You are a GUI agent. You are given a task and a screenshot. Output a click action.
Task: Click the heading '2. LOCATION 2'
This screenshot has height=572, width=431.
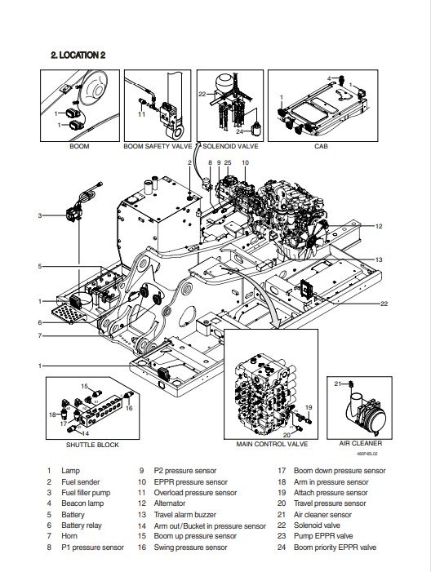(x=78, y=55)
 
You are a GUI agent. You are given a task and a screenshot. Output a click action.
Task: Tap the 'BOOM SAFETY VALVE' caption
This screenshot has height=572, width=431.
(x=158, y=146)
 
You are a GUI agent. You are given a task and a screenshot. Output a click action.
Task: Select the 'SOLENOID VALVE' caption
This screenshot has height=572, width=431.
(x=230, y=146)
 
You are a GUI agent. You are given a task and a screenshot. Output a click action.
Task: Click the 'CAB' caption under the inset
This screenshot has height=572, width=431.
(x=321, y=146)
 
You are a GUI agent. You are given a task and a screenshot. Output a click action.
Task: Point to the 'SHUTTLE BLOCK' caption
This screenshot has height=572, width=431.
(x=92, y=445)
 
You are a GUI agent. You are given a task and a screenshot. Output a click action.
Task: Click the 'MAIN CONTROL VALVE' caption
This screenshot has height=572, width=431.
(x=272, y=444)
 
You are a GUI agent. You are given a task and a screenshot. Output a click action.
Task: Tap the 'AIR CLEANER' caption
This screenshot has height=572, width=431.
(x=361, y=443)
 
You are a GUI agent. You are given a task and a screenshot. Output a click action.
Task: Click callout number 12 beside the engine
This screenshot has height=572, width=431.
(x=379, y=226)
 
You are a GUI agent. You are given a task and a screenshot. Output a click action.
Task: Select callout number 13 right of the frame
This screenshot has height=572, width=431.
(x=379, y=259)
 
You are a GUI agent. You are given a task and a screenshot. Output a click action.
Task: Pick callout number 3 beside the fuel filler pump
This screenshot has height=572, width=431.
(x=40, y=215)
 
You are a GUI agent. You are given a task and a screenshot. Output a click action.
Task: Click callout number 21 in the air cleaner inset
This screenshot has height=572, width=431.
(x=338, y=384)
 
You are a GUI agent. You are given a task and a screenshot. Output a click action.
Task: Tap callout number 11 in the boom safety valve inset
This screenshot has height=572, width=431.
(x=141, y=114)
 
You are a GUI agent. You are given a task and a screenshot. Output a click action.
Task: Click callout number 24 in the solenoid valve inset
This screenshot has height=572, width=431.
(x=239, y=131)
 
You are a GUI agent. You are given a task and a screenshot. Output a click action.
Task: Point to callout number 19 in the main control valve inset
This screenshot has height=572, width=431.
(x=309, y=407)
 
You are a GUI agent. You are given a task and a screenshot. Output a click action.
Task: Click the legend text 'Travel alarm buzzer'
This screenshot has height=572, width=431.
(x=185, y=515)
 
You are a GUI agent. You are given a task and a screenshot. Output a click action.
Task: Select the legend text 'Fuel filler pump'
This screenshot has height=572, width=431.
(x=86, y=493)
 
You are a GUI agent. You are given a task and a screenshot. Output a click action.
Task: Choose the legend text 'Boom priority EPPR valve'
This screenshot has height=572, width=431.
(x=335, y=548)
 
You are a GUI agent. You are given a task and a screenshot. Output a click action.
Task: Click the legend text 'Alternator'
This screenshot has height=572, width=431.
(x=170, y=503)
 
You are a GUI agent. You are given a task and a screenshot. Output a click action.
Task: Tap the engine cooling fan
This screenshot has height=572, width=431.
(x=313, y=237)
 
